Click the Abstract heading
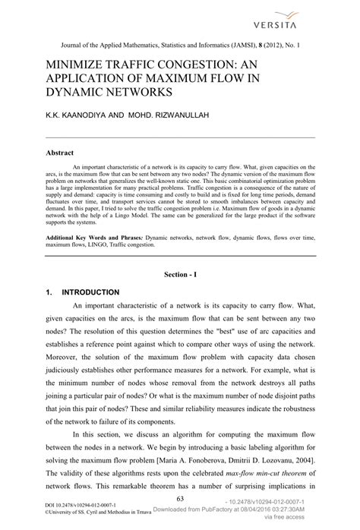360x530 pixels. pos(60,153)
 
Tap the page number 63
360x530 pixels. pos(180,498)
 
